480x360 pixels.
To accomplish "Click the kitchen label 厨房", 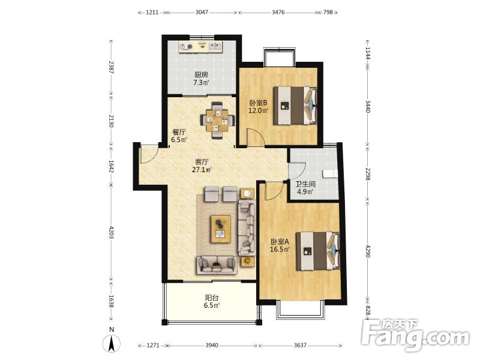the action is pyautogui.click(x=202, y=74).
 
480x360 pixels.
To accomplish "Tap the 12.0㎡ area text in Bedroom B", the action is pyautogui.click(x=258, y=110).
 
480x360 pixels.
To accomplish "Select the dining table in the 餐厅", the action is pyautogui.click(x=218, y=121).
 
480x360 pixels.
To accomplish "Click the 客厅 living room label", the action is pyautogui.click(x=202, y=161).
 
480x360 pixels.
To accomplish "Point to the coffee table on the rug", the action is pyautogui.click(x=220, y=229).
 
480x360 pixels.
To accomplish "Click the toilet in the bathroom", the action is pyautogui.click(x=330, y=173).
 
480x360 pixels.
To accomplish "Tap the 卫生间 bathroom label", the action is pyautogui.click(x=305, y=184).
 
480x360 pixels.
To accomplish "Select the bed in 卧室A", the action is pyautogui.click(x=318, y=251).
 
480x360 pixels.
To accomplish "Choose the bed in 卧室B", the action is pyautogui.click(x=295, y=106).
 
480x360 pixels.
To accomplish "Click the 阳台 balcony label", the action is pyautogui.click(x=212, y=298).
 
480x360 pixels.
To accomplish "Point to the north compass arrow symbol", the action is pyautogui.click(x=112, y=343).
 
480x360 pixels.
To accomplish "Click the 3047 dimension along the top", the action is pyautogui.click(x=202, y=12).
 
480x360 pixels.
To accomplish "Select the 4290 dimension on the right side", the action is pyautogui.click(x=368, y=251).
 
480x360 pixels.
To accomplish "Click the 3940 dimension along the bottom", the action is pyautogui.click(x=212, y=346).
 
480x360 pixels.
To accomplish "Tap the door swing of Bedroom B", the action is pyautogui.click(x=257, y=137).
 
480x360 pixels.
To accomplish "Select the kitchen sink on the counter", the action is pyautogui.click(x=215, y=47).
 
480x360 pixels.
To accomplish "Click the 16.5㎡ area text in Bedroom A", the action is pyautogui.click(x=280, y=249).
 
